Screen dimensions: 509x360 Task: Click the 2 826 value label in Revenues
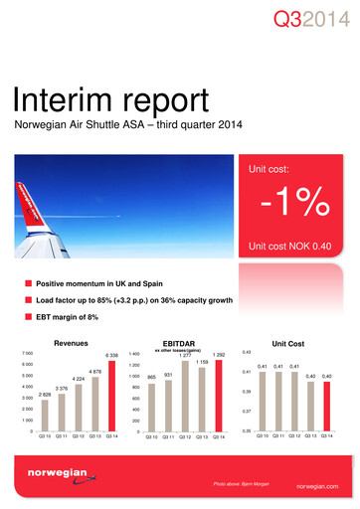[44, 395]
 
